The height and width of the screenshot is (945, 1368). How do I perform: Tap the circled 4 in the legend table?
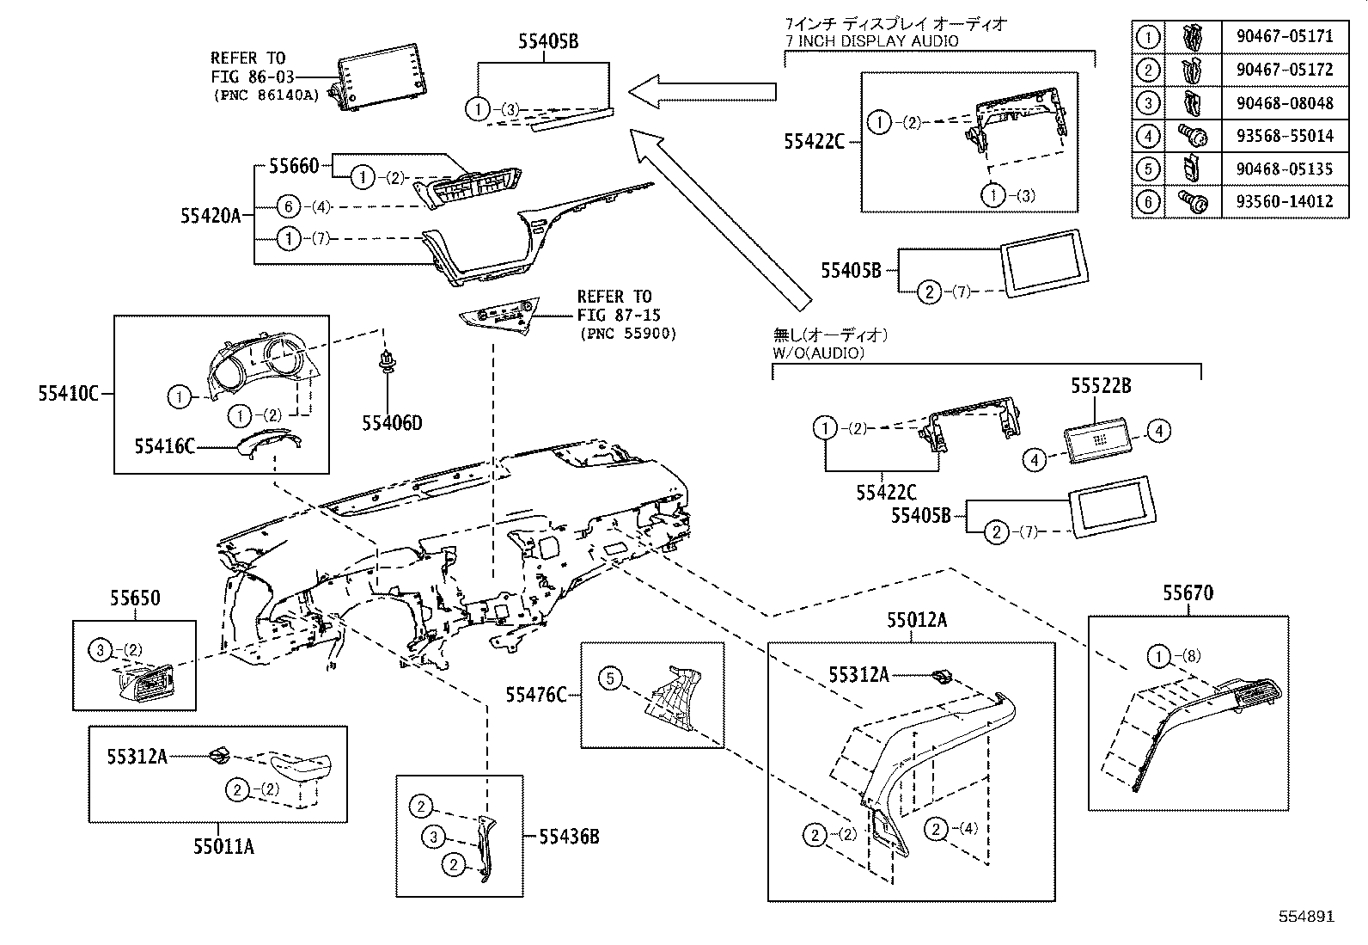1149,136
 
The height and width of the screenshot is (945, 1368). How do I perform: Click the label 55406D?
392,422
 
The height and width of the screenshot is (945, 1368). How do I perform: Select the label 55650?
134,598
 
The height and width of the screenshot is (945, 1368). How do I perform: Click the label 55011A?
223,847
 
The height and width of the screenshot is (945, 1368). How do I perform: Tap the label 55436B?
570,835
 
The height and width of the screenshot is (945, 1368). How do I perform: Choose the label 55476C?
535,694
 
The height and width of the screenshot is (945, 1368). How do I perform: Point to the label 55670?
1188,593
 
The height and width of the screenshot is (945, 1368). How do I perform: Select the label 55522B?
1100,386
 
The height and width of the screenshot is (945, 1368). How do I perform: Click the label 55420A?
211,215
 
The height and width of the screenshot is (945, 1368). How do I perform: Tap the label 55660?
293,165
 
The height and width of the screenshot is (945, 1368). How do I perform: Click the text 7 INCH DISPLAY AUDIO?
871,40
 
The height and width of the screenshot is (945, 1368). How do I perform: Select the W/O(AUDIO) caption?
818,353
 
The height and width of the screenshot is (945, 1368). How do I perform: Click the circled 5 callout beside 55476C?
610,678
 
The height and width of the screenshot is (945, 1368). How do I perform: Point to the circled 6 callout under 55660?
289,206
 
